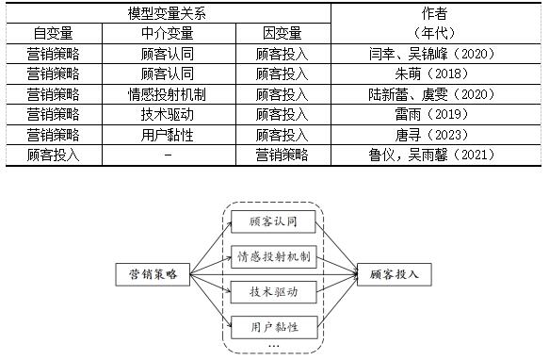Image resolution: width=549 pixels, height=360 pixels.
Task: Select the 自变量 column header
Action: point(53,34)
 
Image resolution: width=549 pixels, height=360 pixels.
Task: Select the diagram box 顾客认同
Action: point(274,223)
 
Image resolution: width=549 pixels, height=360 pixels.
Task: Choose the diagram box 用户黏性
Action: point(274,327)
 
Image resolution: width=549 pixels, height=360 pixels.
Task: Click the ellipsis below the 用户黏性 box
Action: point(274,346)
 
